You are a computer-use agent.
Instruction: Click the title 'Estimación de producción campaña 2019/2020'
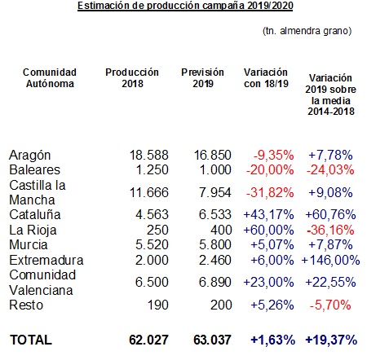click(x=185, y=6)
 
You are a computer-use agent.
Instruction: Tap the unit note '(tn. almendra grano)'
click(x=307, y=31)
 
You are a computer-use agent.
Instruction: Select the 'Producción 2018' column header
click(x=132, y=78)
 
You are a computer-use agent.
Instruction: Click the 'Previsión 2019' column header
click(x=202, y=78)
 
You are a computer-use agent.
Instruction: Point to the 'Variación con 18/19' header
click(x=266, y=78)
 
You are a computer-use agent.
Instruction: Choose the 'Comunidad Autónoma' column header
click(x=50, y=78)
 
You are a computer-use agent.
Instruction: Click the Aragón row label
click(x=30, y=156)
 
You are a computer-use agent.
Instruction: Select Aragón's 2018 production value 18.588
click(x=149, y=155)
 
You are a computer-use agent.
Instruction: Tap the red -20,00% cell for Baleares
click(x=270, y=170)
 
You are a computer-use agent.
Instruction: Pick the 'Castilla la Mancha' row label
click(x=38, y=192)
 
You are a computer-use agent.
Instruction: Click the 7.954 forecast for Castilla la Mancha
click(x=215, y=192)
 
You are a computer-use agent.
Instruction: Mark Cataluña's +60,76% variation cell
click(x=330, y=215)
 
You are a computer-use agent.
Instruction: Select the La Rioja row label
click(x=33, y=230)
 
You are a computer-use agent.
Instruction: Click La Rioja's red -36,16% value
click(x=330, y=230)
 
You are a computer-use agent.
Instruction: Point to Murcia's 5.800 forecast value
click(x=215, y=245)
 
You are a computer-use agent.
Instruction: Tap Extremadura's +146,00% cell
click(x=330, y=261)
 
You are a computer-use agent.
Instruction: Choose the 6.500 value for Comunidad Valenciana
click(x=152, y=282)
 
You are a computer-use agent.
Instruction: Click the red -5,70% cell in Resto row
click(x=330, y=305)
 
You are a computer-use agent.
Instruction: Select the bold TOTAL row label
click(x=31, y=340)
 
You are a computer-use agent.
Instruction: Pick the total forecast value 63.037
click(x=212, y=340)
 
